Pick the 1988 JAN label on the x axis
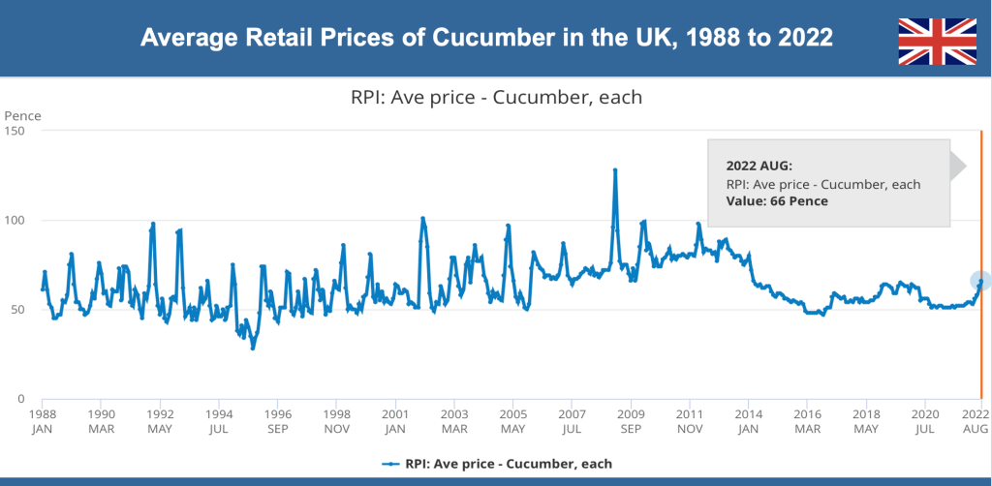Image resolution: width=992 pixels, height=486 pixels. pyautogui.click(x=43, y=420)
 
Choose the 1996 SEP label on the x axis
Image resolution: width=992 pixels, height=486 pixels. pyautogui.click(x=278, y=420)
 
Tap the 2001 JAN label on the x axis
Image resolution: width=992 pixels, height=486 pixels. pyautogui.click(x=394, y=420)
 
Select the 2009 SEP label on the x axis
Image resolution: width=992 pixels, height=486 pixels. pyautogui.click(x=631, y=420)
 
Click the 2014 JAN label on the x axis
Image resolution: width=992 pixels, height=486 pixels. pyautogui.click(x=748, y=420)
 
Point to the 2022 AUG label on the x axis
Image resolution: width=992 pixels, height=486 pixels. pyautogui.click(x=975, y=420)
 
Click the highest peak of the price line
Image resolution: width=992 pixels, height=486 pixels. pyautogui.click(x=615, y=170)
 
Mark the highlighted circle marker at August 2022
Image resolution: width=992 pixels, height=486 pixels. pyautogui.click(x=980, y=281)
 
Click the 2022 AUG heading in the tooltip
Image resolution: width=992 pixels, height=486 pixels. pyautogui.click(x=759, y=166)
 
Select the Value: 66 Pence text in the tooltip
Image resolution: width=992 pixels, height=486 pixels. pyautogui.click(x=777, y=201)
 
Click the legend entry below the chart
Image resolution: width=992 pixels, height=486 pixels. pyautogui.click(x=496, y=464)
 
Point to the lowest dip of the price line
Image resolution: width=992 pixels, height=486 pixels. pyautogui.click(x=253, y=348)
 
